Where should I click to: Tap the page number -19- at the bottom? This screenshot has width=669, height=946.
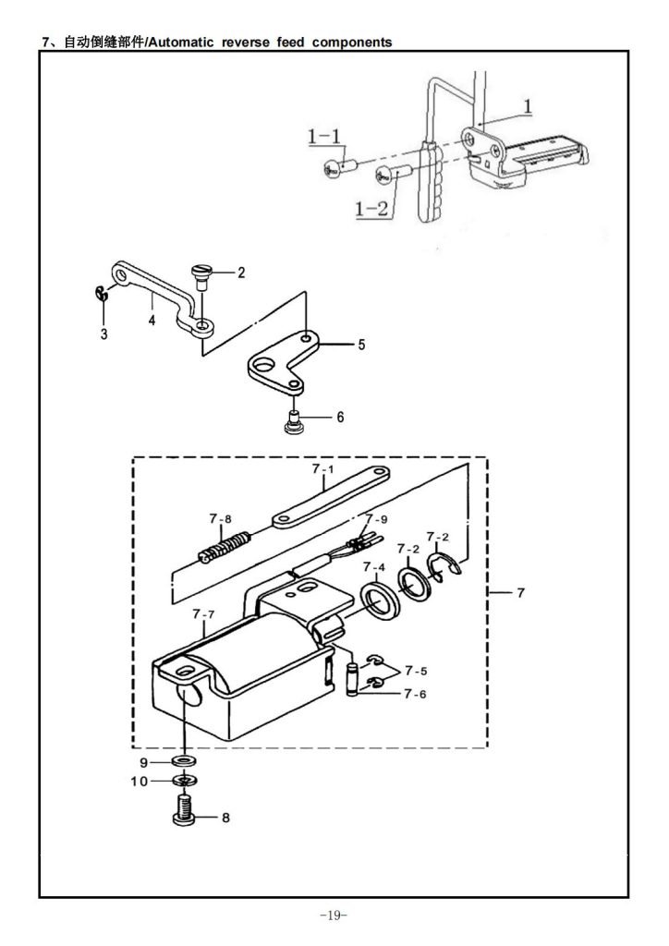[x=334, y=916]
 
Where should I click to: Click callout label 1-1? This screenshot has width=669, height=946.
[x=324, y=137]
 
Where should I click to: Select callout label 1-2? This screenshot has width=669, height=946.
[x=371, y=209]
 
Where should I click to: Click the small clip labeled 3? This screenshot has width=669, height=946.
[x=102, y=293]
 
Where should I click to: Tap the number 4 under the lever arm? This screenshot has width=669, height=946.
[x=152, y=320]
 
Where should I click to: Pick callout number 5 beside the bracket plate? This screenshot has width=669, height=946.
[x=361, y=345]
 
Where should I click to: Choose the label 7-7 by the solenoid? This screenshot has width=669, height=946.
[x=203, y=614]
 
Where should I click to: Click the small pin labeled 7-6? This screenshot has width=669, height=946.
[x=353, y=680]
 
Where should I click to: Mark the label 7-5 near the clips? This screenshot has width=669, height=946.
[x=416, y=671]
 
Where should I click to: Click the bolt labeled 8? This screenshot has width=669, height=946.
[x=183, y=810]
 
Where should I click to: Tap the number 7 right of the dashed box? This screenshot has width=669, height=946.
[x=521, y=593]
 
